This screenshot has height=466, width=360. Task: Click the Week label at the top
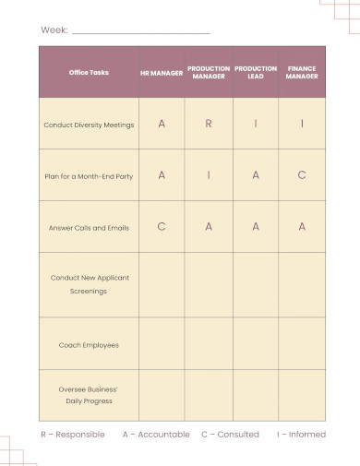(x=54, y=31)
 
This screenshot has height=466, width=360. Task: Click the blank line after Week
(x=141, y=32)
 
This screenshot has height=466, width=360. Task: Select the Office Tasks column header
(x=89, y=72)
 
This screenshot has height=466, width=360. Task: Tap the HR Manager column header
(x=162, y=72)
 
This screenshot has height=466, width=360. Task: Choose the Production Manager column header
(x=209, y=72)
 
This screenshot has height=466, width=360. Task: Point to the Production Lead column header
(x=256, y=72)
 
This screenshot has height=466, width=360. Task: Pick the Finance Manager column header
(x=302, y=72)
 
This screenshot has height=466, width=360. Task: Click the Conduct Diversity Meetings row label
(x=89, y=125)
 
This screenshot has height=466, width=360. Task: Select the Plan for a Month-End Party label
(x=89, y=175)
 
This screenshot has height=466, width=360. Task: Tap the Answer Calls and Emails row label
(x=89, y=227)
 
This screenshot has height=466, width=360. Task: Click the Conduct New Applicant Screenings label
(x=89, y=284)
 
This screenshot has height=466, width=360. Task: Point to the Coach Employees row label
(x=89, y=344)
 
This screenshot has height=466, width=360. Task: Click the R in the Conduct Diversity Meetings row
(x=209, y=124)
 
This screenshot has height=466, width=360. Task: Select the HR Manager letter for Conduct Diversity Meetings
(x=162, y=124)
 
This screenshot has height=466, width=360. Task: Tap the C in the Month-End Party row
(x=302, y=174)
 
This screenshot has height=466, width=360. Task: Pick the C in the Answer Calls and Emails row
(x=162, y=226)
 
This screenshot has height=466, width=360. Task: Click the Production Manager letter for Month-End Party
(x=209, y=174)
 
